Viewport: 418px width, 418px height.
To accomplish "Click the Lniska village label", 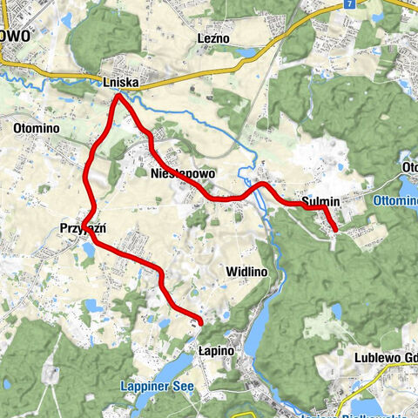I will click(x=120, y=84).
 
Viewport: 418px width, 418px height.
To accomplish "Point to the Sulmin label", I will click(x=320, y=201).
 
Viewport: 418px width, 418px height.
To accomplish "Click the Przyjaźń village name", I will click(x=83, y=228).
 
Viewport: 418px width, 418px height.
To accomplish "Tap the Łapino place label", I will click(x=212, y=349).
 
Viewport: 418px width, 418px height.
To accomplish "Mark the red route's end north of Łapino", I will click(x=201, y=323).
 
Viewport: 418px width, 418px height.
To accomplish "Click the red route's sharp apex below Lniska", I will click(x=118, y=96).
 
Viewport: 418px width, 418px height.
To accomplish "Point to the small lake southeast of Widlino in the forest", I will click(x=335, y=311).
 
